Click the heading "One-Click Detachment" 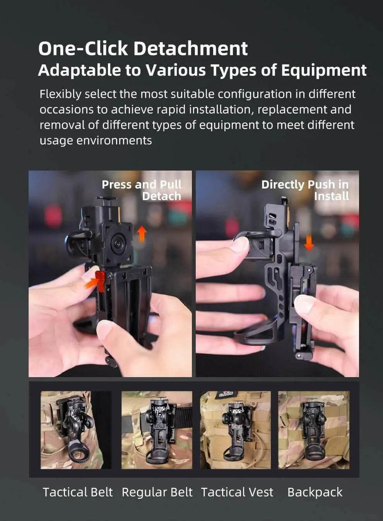[143, 48]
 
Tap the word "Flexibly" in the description [60, 94]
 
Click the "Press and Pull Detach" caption [142, 190]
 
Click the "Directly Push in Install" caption [305, 190]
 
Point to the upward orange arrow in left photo [142, 234]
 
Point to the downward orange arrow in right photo [309, 242]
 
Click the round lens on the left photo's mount [116, 243]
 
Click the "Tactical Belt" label [77, 492]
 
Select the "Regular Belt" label [157, 492]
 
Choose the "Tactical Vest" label [237, 492]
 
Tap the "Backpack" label [315, 492]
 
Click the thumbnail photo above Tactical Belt [76, 430]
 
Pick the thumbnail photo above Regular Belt [157, 430]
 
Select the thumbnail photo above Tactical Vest [235, 430]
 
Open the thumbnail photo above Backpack [313, 430]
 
